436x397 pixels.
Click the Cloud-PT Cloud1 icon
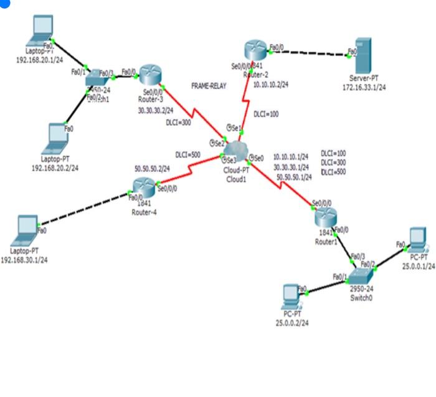tap(236, 150)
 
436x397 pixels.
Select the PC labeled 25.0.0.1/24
tap(415, 238)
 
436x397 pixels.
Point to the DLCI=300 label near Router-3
tap(180, 123)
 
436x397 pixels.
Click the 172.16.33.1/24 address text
tap(364, 87)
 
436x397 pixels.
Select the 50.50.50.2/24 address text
tap(152, 168)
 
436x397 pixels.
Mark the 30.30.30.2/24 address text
tap(156, 110)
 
